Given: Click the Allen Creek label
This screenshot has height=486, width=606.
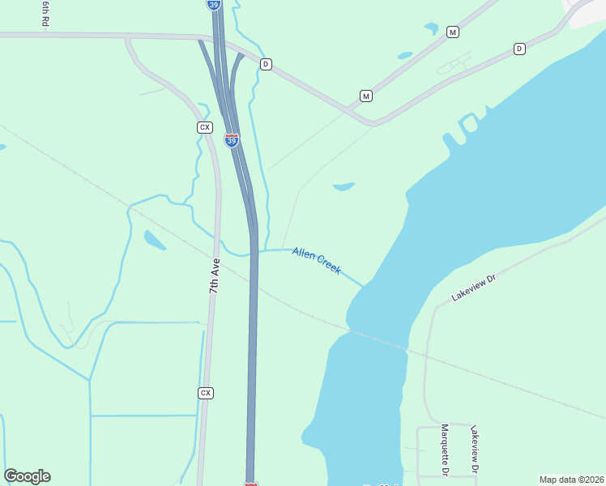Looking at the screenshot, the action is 317,260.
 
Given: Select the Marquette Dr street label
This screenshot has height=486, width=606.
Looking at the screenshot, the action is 445,449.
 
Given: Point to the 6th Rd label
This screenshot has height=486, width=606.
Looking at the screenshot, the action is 45,14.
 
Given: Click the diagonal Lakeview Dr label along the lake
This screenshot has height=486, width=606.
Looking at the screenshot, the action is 473,288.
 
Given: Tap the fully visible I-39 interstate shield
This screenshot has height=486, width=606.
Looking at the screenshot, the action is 232,140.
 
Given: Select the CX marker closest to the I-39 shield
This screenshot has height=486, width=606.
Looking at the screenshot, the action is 205,127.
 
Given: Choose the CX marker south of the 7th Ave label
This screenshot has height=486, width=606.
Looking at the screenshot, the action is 206,393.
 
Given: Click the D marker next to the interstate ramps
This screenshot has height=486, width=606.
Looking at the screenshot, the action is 265,63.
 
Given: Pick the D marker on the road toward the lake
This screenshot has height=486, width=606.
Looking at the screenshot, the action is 519,49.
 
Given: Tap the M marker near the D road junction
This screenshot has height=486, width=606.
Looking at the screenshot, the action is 366,96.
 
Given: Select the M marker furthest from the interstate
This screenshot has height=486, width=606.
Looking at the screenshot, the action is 453,32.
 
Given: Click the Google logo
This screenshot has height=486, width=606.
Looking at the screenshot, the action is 27,476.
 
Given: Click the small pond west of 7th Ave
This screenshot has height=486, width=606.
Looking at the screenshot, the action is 154,240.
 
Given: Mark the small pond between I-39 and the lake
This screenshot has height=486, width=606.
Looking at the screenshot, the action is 344,186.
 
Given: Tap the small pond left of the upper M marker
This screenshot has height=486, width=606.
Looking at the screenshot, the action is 430,28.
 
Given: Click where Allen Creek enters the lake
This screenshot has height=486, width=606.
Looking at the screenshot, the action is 365,285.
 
